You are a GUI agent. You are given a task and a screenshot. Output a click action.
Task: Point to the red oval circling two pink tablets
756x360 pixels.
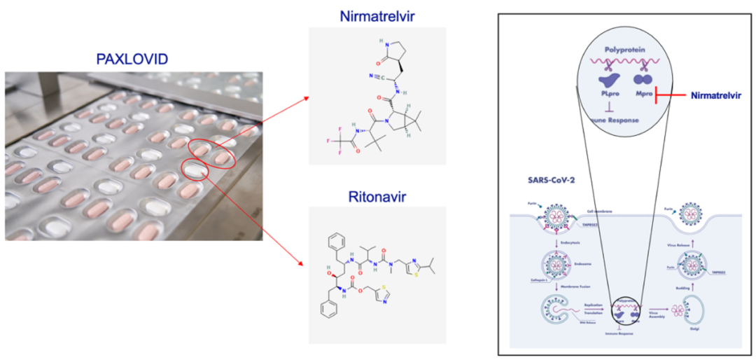pos(210,152)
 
